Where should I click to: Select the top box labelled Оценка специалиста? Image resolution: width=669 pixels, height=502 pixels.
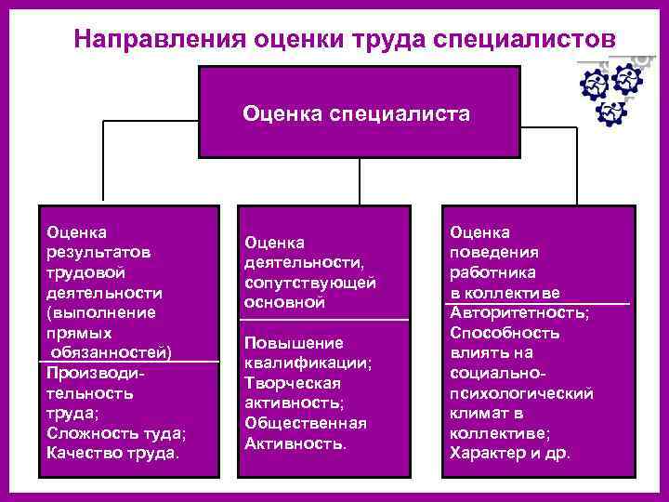point(357,113)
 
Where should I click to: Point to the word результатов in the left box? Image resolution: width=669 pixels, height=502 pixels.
point(89,252)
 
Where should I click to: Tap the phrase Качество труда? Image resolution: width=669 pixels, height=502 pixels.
point(112,453)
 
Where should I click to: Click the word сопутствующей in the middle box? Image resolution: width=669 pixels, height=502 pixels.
point(310,282)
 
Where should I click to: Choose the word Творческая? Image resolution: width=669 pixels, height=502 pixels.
point(293,382)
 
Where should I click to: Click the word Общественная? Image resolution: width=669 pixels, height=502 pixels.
point(306,423)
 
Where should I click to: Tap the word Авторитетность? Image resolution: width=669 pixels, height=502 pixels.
point(519,312)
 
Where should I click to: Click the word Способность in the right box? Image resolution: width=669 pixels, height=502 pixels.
point(505,333)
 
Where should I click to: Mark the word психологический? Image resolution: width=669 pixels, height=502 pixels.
point(521,393)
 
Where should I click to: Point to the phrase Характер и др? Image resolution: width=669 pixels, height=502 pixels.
point(510,454)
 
